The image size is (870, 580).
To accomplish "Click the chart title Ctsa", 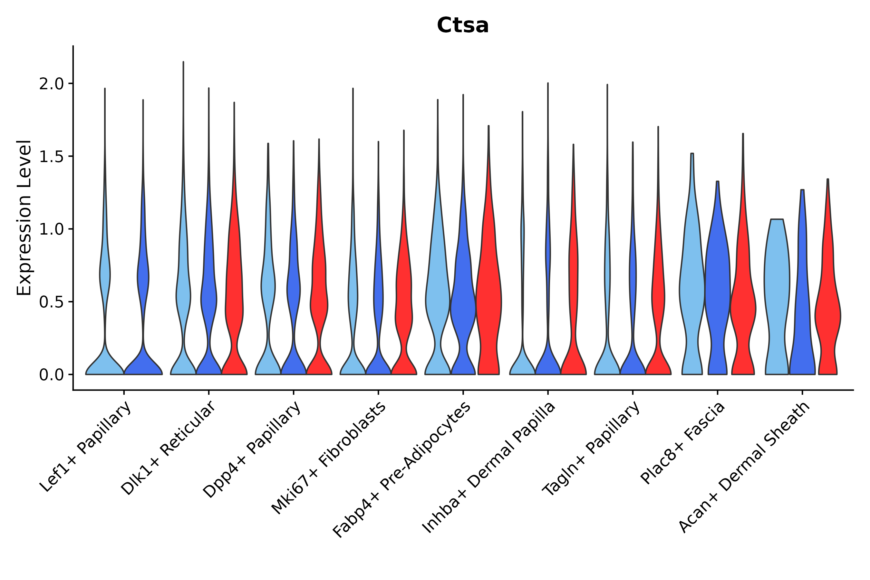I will tap(462, 26).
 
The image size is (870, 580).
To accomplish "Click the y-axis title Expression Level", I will tap(24, 217).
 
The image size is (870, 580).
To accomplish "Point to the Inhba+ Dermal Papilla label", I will tap(488, 468).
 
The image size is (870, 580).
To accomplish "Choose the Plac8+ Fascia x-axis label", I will tap(683, 443).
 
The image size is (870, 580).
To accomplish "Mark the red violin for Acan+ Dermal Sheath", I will tap(827, 314).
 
